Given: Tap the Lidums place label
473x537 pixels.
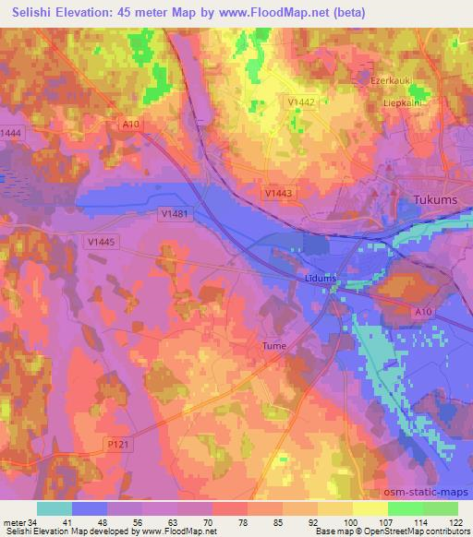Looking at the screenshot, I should pyautogui.click(x=321, y=278).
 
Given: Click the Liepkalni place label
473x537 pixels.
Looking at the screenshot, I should pyautogui.click(x=403, y=103).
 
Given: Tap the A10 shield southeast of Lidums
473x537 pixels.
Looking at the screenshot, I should pyautogui.click(x=423, y=313).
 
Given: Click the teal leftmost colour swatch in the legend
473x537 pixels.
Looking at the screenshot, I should pyautogui.click(x=55, y=508).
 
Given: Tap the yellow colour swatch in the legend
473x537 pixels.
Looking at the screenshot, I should pyautogui.click(x=370, y=508).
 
